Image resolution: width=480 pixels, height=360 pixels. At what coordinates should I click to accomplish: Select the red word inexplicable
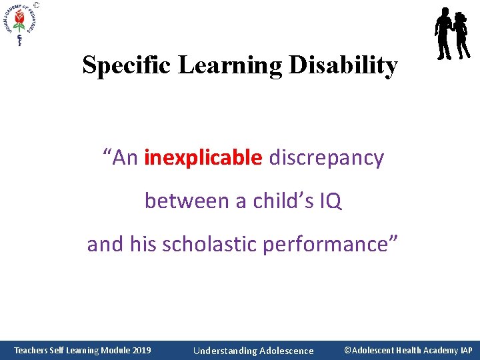coord(203,158)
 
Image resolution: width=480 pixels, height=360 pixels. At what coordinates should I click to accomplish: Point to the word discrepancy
coord(326,158)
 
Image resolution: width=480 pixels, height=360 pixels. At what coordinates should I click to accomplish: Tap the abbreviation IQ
coord(330,201)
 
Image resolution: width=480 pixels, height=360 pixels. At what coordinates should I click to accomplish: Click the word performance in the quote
coord(325,244)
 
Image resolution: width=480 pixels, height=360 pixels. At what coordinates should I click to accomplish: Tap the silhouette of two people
coord(452,33)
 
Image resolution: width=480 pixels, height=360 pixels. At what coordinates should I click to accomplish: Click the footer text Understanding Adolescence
coord(253,351)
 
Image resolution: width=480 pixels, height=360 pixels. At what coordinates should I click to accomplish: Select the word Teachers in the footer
coord(31,350)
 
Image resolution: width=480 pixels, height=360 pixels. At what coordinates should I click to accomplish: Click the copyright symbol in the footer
coord(347,350)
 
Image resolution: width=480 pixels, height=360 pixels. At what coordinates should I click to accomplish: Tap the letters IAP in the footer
coord(465,350)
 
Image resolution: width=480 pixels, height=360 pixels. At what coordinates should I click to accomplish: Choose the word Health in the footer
coord(410,350)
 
